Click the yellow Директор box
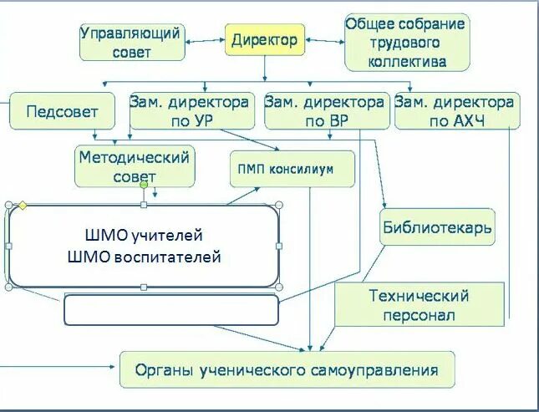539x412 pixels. click(264, 39)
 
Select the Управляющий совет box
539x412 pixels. click(131, 42)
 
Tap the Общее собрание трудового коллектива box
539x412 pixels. click(405, 42)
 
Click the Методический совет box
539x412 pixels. click(134, 166)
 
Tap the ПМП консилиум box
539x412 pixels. click(291, 168)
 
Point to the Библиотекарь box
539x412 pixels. click(437, 226)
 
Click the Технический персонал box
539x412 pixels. click(420, 305)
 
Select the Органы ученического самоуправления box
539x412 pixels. click(287, 369)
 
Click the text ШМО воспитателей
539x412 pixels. click(143, 257)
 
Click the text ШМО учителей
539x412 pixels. click(144, 235)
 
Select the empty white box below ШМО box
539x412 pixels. click(170, 309)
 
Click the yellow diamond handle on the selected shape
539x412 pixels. click(23, 205)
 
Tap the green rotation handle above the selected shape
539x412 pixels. click(144, 185)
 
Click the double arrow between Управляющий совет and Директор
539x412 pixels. click(203, 39)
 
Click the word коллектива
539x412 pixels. click(406, 61)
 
